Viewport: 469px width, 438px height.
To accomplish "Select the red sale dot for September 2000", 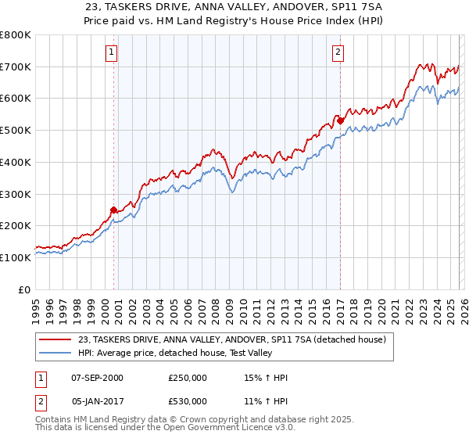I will click(x=114, y=210).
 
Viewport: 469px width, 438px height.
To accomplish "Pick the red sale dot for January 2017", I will click(x=341, y=120).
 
